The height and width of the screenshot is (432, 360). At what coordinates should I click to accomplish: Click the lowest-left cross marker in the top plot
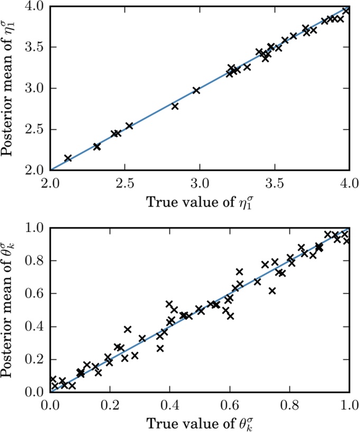coord(68,158)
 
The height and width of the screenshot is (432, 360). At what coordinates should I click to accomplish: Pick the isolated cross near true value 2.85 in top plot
coord(175,106)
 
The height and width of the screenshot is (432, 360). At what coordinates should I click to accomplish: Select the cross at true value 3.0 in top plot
coord(197,90)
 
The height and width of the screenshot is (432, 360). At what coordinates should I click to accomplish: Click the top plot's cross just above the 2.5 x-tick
coord(129,126)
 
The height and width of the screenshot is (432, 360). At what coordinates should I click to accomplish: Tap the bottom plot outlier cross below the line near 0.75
coord(272,291)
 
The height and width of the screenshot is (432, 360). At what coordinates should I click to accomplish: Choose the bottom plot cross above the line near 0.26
coord(127,329)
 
